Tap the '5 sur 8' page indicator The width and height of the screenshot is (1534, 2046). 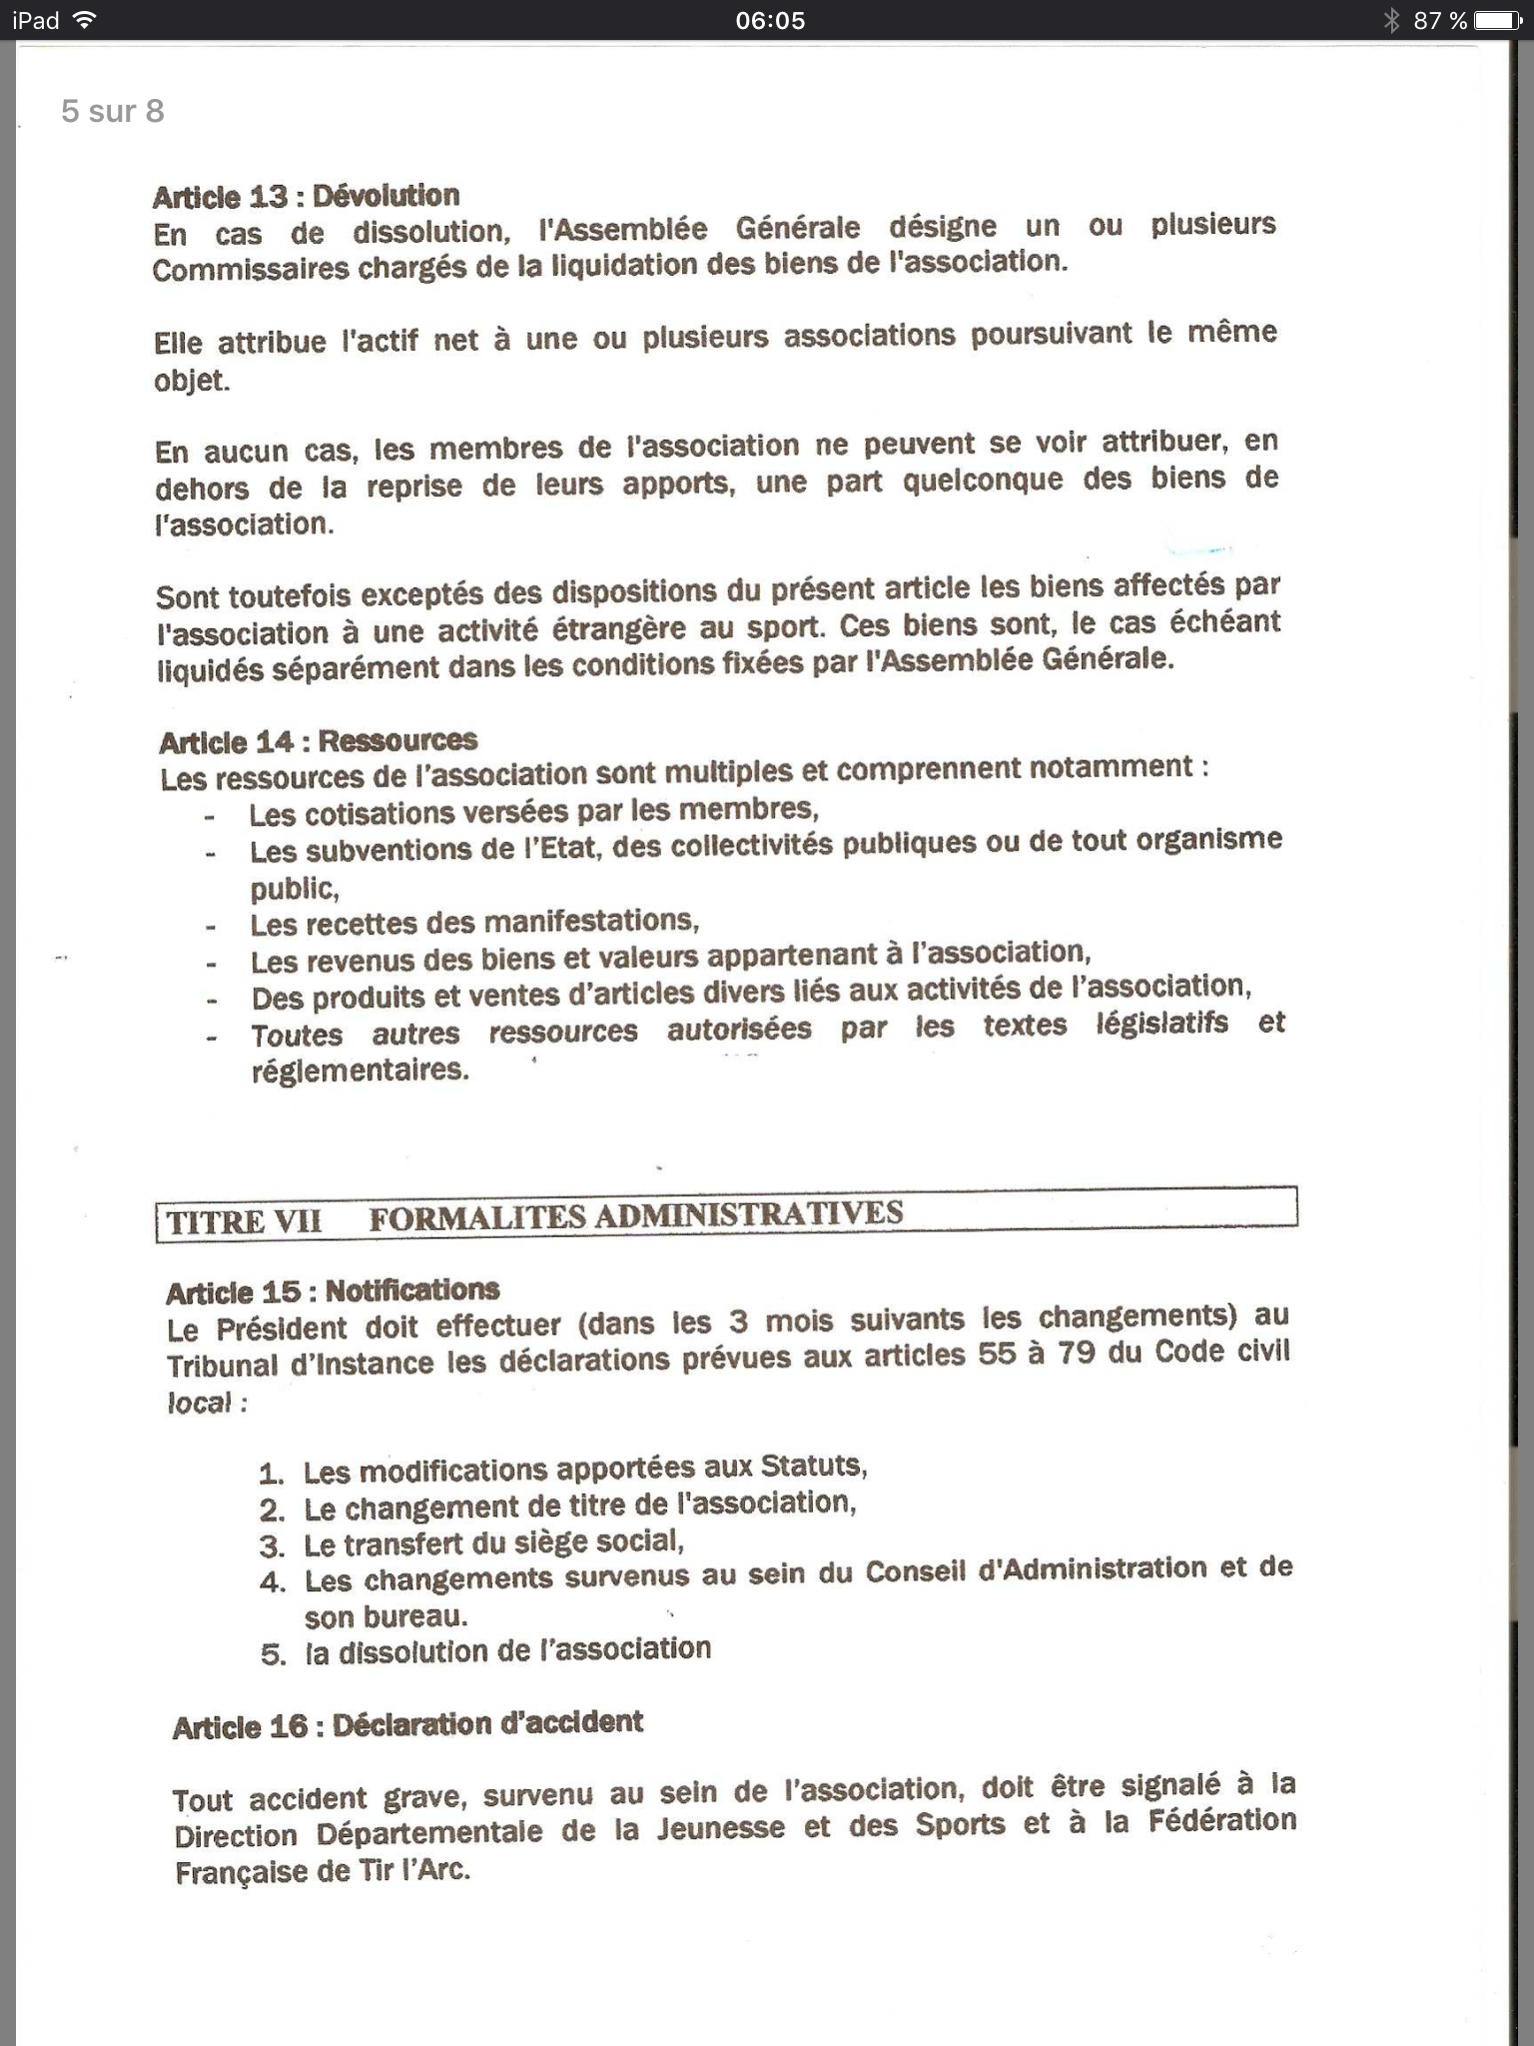point(112,111)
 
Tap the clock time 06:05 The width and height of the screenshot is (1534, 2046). point(769,20)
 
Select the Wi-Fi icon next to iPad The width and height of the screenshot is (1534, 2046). point(85,20)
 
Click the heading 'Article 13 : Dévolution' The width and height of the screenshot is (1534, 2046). point(306,196)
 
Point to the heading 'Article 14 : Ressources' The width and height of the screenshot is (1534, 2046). point(318,741)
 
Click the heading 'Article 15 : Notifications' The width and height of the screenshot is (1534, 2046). point(333,1292)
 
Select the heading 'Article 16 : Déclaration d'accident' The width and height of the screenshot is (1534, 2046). point(407,1725)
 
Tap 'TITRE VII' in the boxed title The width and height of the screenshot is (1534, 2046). point(244,1222)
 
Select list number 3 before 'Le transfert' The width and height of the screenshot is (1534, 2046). point(272,1546)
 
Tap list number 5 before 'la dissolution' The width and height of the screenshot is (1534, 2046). point(273,1654)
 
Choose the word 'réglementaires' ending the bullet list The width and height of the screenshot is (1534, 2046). point(360,1071)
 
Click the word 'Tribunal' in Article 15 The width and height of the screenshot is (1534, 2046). point(222,1366)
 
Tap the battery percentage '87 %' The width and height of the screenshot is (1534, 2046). point(1440,20)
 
